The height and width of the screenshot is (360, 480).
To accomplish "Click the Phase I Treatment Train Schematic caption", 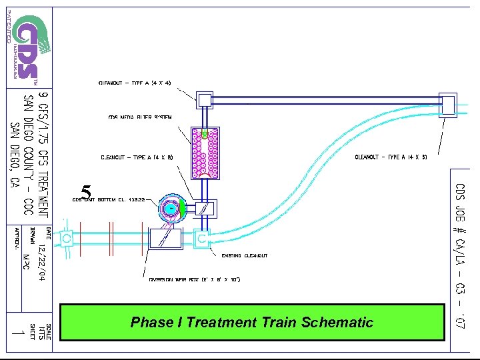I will point(252,323).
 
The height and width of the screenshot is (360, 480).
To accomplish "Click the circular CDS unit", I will point(171,209).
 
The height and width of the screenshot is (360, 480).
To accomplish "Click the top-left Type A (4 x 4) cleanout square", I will point(204,101).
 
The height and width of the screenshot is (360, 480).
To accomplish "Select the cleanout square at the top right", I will point(447,104).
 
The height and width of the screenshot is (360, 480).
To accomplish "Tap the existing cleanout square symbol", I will point(201,237).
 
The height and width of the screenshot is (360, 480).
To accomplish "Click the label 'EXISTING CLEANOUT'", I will point(245,255).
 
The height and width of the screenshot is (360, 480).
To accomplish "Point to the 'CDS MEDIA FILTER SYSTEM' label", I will point(140,117).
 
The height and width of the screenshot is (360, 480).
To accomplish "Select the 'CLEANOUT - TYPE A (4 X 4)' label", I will point(135,83).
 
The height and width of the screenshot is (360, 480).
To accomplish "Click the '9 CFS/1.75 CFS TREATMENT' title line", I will point(43,151).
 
